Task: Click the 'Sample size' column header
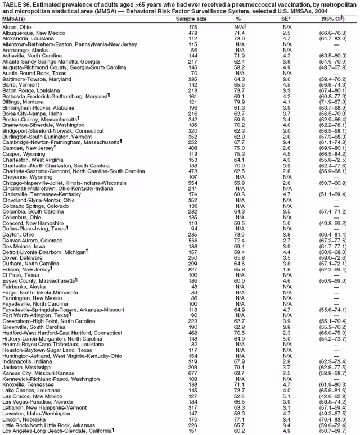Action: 191,19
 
